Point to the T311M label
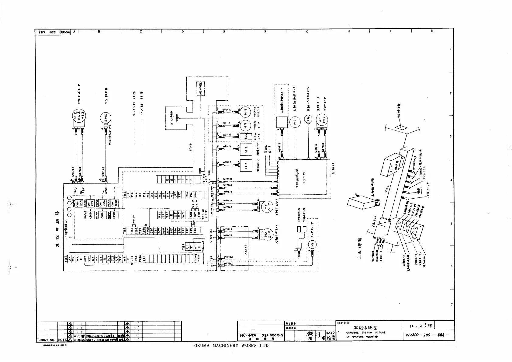(304, 179)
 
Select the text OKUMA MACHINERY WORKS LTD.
(232, 346)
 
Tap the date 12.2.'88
(421, 326)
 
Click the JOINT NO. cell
(47, 340)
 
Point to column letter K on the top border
(432, 31)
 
